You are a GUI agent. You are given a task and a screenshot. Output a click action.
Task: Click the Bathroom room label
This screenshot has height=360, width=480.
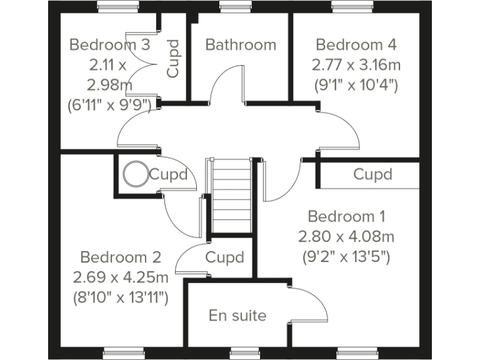point(241,45)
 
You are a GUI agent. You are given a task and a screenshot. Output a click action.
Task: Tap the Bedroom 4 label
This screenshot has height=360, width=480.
point(356,45)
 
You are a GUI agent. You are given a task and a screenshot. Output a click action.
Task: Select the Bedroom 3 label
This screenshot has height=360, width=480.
point(109,45)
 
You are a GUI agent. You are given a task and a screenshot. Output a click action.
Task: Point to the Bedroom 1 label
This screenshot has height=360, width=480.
point(347,217)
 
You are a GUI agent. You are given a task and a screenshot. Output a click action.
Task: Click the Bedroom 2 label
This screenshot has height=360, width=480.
point(121,257)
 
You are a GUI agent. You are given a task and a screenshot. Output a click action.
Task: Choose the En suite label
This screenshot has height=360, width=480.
point(237,316)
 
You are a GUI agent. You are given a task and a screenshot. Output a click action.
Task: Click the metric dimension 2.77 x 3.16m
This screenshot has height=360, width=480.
point(356,64)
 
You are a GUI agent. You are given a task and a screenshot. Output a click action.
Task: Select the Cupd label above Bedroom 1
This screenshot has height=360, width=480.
point(372,174)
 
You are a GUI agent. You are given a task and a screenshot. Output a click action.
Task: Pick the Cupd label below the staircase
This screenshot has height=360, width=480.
point(224,257)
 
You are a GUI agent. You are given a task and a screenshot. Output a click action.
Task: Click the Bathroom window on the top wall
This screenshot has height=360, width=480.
point(231,7)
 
